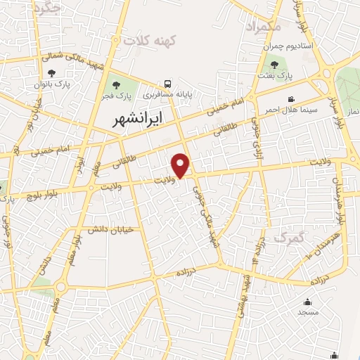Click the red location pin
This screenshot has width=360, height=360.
(182, 165)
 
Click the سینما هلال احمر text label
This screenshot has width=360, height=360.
(290, 110)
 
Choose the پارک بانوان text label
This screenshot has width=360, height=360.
(51, 84)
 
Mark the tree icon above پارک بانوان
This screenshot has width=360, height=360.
(51, 72)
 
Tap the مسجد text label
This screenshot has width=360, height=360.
(308, 311)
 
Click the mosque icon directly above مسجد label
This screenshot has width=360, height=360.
(308, 300)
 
